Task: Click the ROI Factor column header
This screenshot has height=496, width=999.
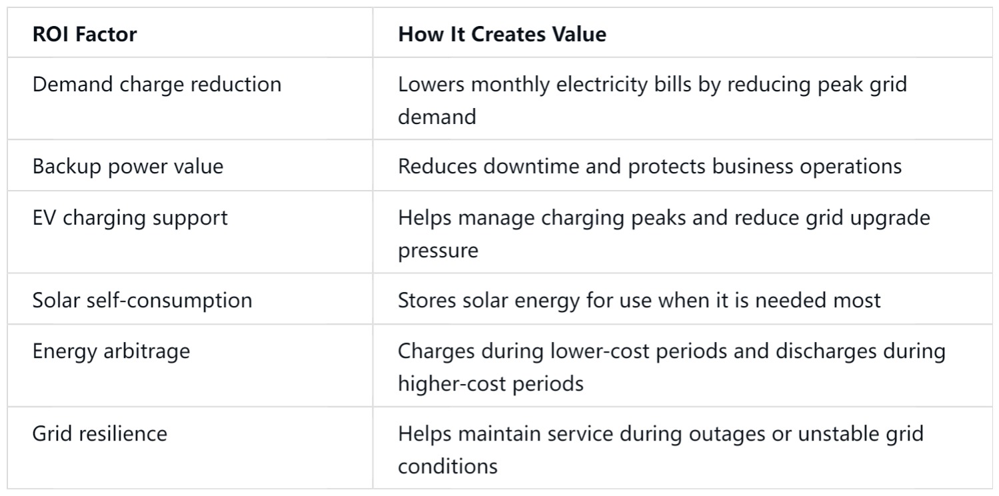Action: click(x=85, y=35)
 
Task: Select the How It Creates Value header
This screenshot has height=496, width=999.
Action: click(x=502, y=35)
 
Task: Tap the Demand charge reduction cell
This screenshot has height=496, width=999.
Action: click(x=157, y=85)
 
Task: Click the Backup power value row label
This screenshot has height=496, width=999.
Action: click(x=128, y=167)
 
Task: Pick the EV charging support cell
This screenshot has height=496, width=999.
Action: click(x=130, y=218)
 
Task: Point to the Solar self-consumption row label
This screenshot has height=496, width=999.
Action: click(x=142, y=300)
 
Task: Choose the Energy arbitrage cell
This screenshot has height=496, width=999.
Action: click(x=111, y=351)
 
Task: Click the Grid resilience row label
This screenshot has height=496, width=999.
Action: click(x=100, y=433)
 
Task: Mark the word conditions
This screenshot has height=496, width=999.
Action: click(x=448, y=467)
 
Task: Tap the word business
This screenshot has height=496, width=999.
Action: click(x=752, y=167)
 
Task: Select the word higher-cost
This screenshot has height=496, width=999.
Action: click(x=452, y=384)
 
